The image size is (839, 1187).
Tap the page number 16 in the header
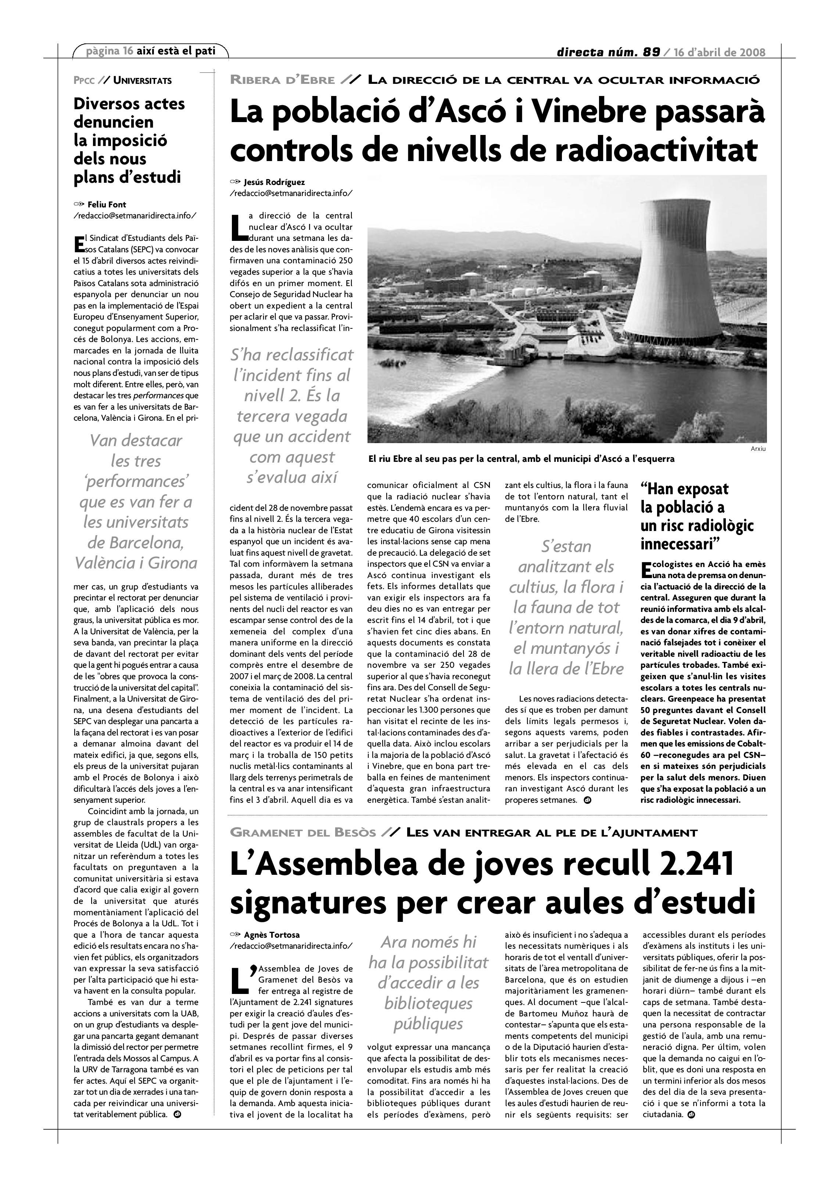click(128, 51)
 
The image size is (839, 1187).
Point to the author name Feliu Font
click(107, 205)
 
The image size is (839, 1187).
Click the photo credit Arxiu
click(758, 449)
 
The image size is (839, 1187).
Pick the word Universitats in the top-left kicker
click(143, 81)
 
